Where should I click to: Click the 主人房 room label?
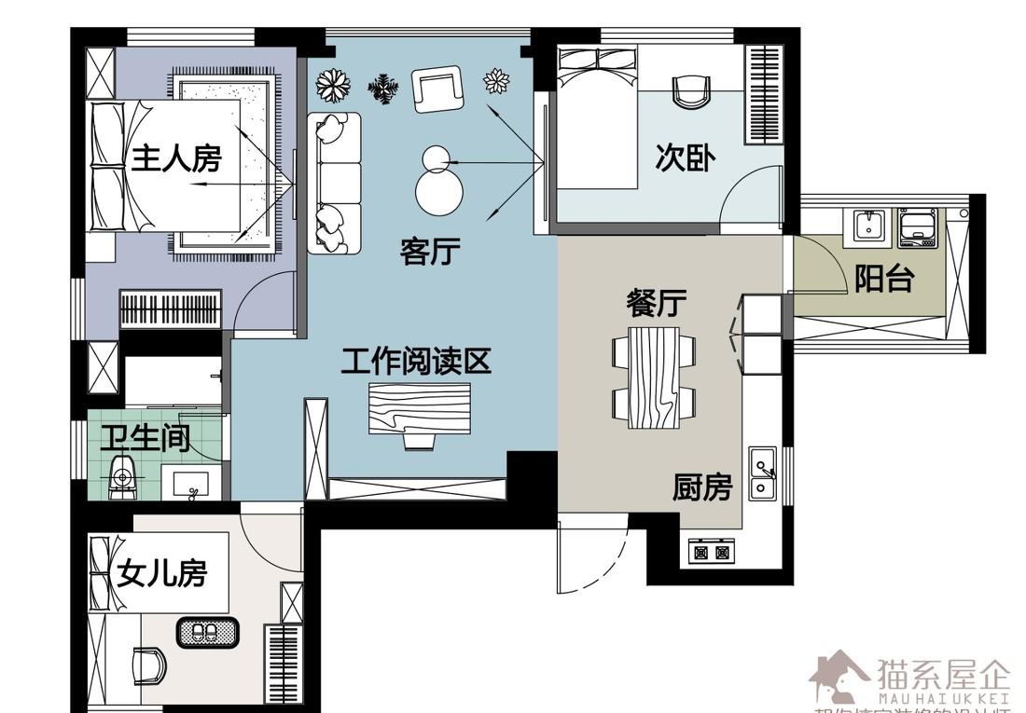point(176,159)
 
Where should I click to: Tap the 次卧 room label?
point(685,158)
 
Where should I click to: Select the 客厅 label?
point(430,251)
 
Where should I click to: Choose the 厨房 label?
point(702,487)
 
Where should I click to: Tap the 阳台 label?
point(883,279)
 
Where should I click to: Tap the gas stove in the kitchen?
point(712,552)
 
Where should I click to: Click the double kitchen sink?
point(763,473)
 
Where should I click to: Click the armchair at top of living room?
point(437,89)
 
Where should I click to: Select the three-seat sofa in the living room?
point(334,182)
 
